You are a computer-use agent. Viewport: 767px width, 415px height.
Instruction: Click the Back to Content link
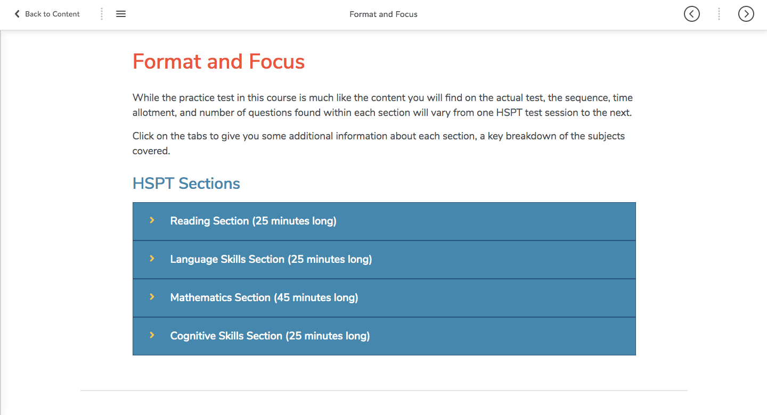click(x=47, y=14)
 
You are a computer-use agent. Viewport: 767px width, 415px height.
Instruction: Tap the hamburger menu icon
click(x=121, y=14)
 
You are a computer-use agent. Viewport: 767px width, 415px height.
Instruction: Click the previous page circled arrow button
click(x=692, y=14)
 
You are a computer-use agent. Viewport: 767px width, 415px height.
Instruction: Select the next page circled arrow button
click(x=746, y=14)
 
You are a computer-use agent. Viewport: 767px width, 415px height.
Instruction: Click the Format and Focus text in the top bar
click(x=383, y=14)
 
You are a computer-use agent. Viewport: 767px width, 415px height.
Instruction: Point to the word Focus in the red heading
click(x=276, y=62)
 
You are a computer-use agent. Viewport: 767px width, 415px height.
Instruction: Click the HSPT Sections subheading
click(x=186, y=184)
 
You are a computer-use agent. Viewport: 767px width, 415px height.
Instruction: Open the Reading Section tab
click(x=384, y=221)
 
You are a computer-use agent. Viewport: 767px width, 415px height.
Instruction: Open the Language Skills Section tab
click(x=384, y=260)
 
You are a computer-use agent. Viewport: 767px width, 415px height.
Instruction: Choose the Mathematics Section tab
click(x=384, y=298)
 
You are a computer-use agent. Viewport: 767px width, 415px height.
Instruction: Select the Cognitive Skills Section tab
click(x=384, y=336)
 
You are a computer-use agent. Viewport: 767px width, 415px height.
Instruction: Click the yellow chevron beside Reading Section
click(x=152, y=220)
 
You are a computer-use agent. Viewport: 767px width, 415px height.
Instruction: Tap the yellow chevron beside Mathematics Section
click(x=152, y=297)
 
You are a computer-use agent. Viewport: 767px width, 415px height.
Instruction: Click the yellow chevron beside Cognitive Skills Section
click(x=152, y=335)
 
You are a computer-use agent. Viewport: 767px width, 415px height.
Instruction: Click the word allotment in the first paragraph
click(x=154, y=113)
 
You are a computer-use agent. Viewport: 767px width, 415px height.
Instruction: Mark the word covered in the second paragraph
click(x=151, y=151)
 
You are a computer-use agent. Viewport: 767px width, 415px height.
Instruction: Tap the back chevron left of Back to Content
click(x=17, y=14)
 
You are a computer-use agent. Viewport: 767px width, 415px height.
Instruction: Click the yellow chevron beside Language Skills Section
click(x=152, y=259)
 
